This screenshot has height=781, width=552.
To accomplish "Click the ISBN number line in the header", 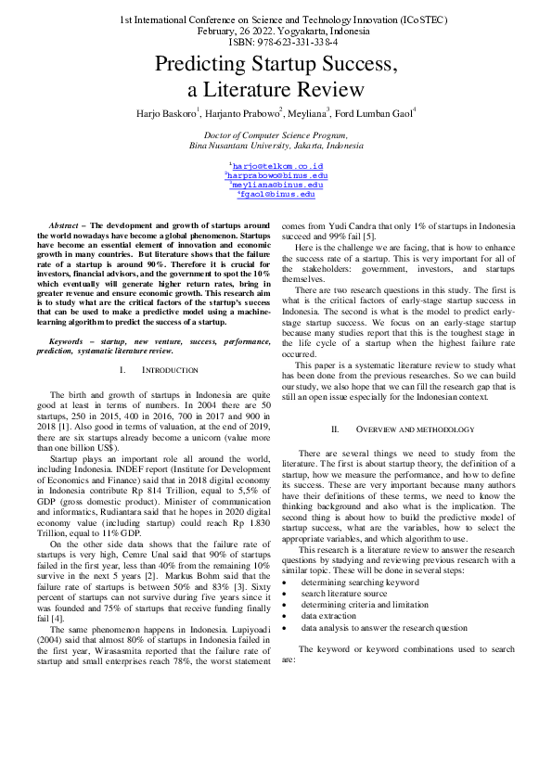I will [x=276, y=42].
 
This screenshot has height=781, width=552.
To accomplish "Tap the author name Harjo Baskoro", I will [x=165, y=113].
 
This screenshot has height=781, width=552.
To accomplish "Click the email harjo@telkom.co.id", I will [x=276, y=165].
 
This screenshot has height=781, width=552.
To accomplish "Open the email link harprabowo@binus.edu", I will [x=276, y=175].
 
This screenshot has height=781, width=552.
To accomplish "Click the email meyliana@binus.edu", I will [x=276, y=185].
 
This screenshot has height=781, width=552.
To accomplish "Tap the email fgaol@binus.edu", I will [x=276, y=195].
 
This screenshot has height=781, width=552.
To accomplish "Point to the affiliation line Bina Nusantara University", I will [x=276, y=146].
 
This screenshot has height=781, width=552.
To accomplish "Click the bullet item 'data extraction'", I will [x=334, y=616].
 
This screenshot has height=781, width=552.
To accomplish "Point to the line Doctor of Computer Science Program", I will [x=276, y=135].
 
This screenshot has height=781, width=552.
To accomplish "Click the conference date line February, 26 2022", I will [x=276, y=31].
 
